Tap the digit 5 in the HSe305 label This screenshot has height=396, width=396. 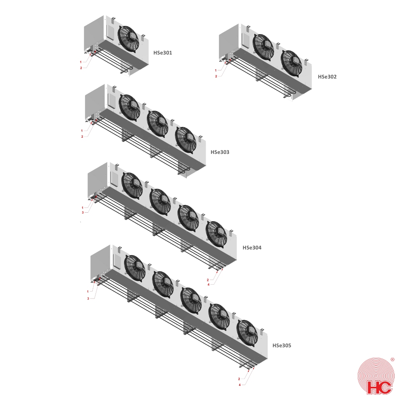pyautogui.click(x=290, y=345)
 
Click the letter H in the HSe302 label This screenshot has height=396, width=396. pyautogui.click(x=320, y=77)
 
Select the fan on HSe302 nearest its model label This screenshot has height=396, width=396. pyautogui.click(x=292, y=64)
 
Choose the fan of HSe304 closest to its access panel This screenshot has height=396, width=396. pyautogui.click(x=132, y=186)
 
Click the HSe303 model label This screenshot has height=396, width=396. pyautogui.click(x=220, y=152)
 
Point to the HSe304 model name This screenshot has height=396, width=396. pyautogui.click(x=252, y=247)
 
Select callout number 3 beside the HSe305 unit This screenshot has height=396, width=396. pyautogui.click(x=88, y=299)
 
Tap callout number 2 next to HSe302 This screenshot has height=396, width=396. pyautogui.click(x=216, y=76)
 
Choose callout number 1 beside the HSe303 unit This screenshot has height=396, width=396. pyautogui.click(x=82, y=131)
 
